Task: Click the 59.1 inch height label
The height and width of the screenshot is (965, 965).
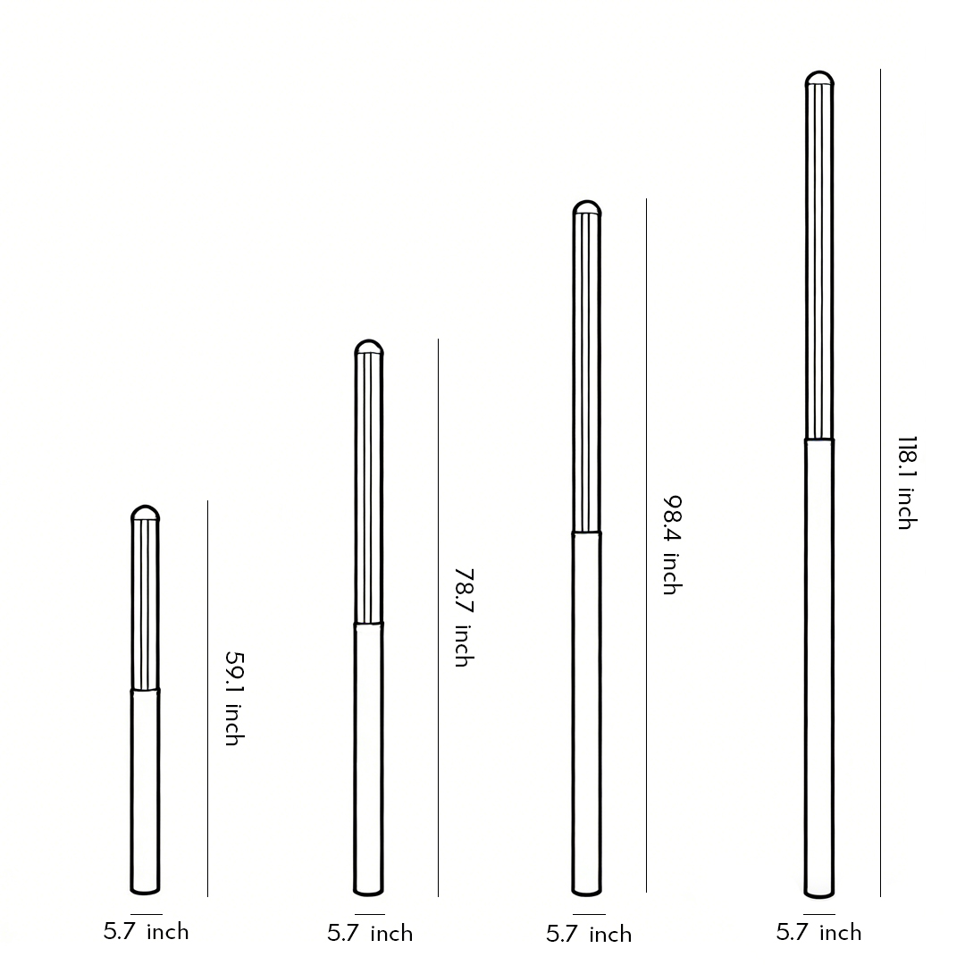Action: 232,699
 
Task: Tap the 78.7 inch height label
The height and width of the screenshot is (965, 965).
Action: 462,617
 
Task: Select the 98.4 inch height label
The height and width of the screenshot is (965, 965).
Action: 671,545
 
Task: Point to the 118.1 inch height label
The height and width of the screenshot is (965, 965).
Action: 906,482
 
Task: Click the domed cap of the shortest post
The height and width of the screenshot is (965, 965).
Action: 145,514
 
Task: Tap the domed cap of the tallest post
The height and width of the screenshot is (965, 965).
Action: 819,80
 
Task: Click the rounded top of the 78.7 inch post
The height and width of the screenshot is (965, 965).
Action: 368,348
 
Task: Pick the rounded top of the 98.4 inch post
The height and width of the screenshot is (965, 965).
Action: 586,209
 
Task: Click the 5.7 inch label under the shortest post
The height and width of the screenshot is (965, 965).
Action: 147,932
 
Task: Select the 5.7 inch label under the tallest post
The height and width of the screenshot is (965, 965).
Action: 818,933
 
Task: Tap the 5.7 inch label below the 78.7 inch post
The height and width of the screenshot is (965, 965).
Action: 370,934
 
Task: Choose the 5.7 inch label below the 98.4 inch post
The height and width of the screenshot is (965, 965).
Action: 589,935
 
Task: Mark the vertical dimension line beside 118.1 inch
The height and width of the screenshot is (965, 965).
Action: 880,482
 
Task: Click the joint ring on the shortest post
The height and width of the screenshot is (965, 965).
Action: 145,691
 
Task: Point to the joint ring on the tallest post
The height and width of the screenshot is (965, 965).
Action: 819,440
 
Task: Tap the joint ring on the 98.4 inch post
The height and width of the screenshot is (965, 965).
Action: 586,533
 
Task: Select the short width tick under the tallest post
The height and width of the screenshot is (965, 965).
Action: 818,914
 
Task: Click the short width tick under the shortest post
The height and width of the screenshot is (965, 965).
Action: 147,914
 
